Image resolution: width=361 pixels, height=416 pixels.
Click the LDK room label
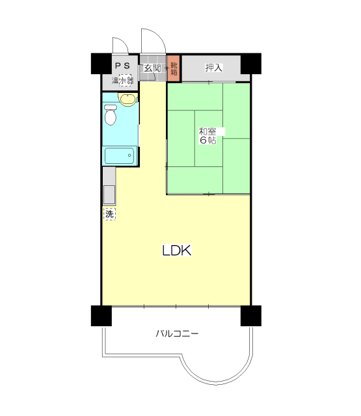(x=176, y=250)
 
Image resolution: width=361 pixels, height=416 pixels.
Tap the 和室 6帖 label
(x=208, y=136)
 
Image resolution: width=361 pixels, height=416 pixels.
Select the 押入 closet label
(x=214, y=68)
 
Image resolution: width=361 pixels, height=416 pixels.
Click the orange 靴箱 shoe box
(x=174, y=68)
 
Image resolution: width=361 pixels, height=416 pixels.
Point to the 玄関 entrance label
(x=152, y=68)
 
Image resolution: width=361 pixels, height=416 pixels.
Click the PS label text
(x=122, y=65)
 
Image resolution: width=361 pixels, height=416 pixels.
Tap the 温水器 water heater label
(x=122, y=80)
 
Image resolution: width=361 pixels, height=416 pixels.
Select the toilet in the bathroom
(x=111, y=115)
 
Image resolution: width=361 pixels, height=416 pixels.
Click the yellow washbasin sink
(x=128, y=99)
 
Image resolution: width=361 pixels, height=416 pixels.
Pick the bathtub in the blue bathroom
(x=120, y=156)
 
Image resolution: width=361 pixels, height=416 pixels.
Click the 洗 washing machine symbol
(x=109, y=214)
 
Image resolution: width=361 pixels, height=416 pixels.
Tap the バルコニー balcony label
(x=177, y=333)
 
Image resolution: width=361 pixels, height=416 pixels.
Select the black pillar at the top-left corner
(x=101, y=64)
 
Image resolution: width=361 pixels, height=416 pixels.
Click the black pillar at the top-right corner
(x=251, y=64)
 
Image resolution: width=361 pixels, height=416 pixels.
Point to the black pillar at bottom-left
(x=101, y=316)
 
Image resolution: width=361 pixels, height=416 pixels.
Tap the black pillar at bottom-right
(x=251, y=316)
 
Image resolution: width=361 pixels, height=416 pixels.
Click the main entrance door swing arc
(x=159, y=36)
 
